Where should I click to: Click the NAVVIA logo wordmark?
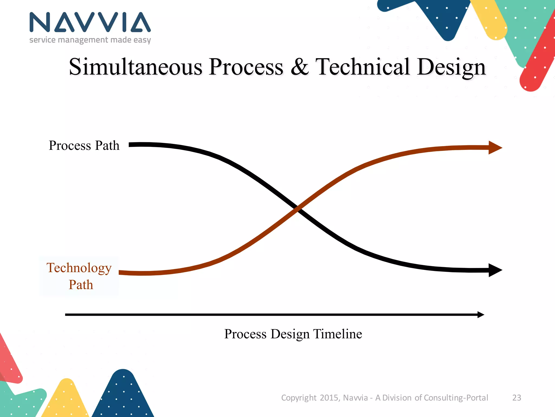pyautogui.click(x=90, y=22)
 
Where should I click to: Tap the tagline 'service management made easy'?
pyautogui.click(x=90, y=40)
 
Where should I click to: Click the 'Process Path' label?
pyautogui.click(x=84, y=146)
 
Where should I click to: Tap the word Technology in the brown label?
pyautogui.click(x=79, y=268)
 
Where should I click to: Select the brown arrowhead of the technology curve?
pyautogui.click(x=495, y=148)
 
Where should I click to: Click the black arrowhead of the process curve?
pyautogui.click(x=495, y=270)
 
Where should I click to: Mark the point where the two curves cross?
pyautogui.click(x=297, y=208)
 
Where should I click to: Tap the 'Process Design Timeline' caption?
pyautogui.click(x=293, y=334)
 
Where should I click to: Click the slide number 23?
pyautogui.click(x=517, y=398)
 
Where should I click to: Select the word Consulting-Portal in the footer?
pyautogui.click(x=456, y=398)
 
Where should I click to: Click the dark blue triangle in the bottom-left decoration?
pyautogui.click(x=123, y=396)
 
